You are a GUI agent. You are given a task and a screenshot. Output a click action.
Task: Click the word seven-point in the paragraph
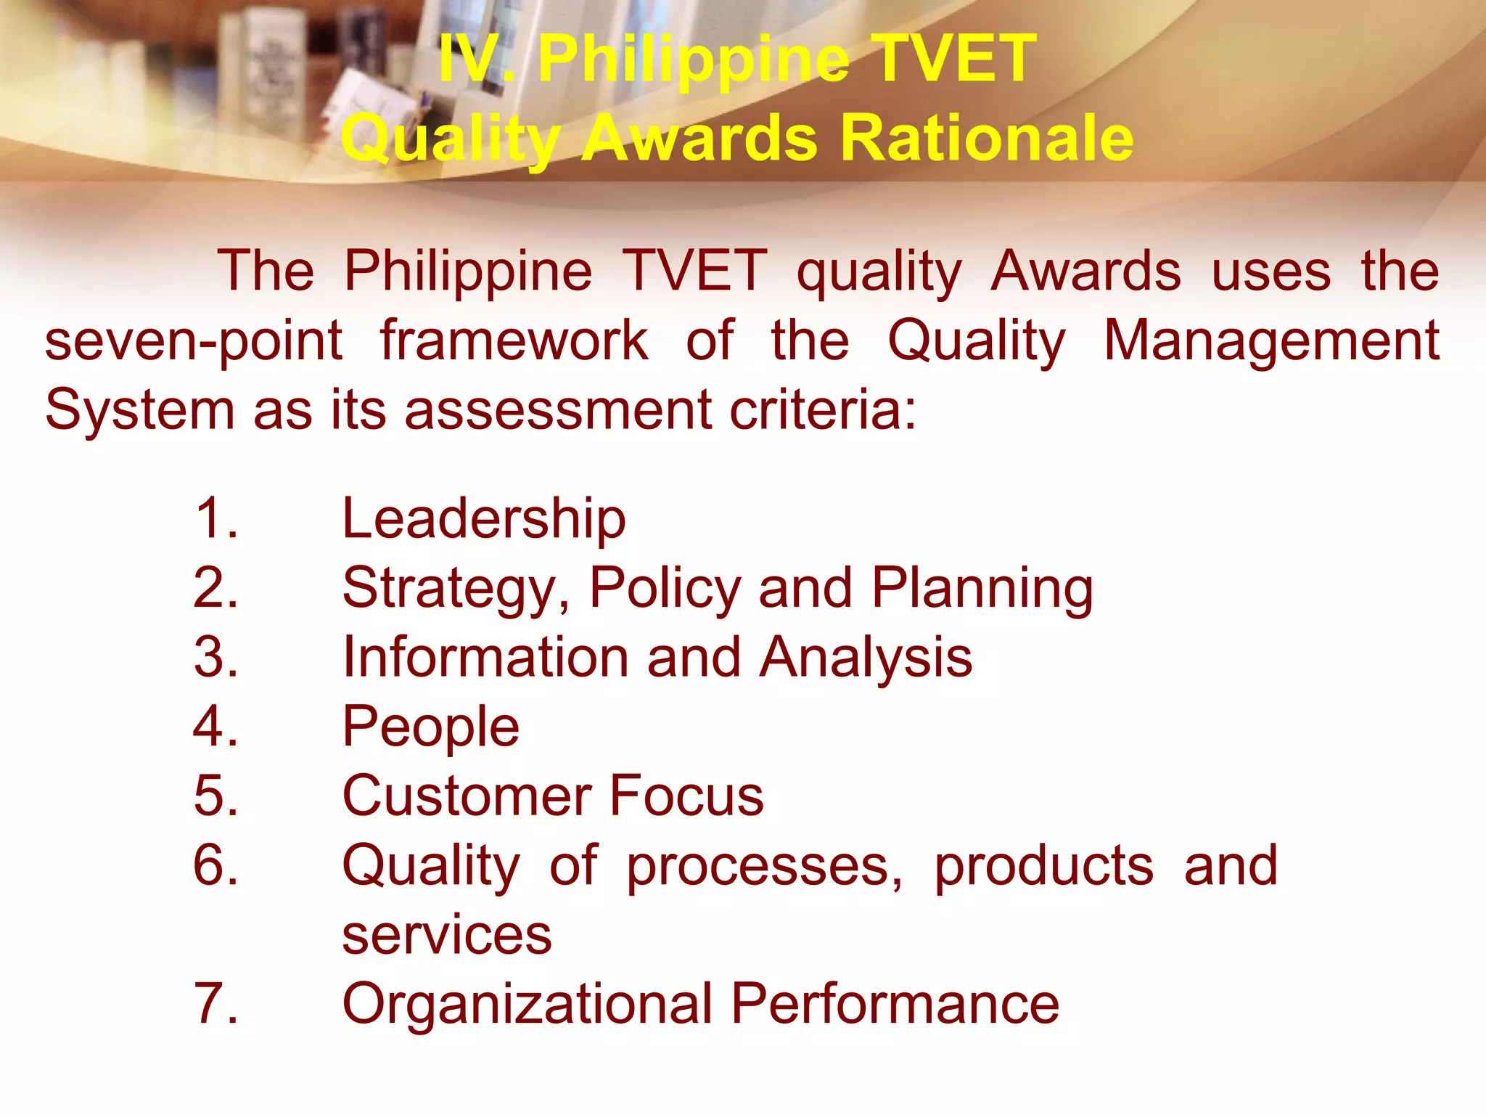point(194,341)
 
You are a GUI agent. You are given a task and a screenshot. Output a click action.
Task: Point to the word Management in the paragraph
point(1271,341)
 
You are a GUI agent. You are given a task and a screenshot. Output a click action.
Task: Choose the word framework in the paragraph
point(514,341)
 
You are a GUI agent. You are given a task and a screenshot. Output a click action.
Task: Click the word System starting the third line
point(140,410)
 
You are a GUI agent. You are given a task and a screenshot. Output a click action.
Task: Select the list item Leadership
point(484,519)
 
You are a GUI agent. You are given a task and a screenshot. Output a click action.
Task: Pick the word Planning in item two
point(982,588)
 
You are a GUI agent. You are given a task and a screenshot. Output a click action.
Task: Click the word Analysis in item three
point(866,658)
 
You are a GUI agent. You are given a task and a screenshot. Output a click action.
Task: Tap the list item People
point(431,727)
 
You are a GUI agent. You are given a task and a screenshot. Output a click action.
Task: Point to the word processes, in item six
point(765,866)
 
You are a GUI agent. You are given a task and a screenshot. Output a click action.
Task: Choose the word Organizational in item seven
point(528,1005)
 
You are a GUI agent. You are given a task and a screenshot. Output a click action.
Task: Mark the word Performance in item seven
point(895,1005)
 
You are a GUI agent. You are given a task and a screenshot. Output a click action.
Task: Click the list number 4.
point(215,726)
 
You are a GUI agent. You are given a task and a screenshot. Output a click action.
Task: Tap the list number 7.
point(215,1004)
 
